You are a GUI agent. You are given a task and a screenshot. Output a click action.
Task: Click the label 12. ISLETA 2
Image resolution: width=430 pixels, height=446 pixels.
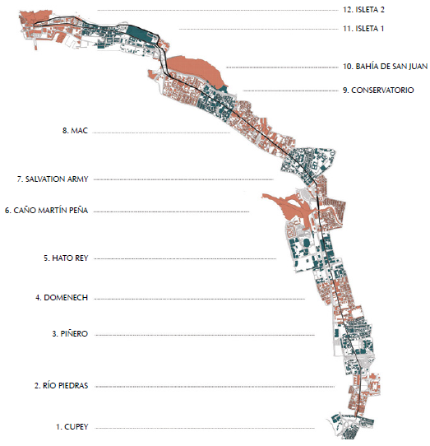(363, 10)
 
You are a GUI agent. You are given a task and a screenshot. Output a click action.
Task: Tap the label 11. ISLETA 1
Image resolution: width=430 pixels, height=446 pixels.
(363, 29)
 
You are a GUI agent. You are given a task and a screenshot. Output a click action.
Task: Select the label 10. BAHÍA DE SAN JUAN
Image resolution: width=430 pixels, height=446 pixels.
(385, 67)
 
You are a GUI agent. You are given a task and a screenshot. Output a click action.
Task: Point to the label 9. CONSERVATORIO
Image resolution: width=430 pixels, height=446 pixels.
(378, 91)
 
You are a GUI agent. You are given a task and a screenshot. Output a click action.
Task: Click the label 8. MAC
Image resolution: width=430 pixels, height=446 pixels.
(75, 131)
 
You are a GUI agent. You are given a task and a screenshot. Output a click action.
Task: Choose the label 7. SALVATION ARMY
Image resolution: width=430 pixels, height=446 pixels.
(53, 179)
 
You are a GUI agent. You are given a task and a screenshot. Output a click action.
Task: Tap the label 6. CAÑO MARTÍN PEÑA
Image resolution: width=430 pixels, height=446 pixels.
(47, 211)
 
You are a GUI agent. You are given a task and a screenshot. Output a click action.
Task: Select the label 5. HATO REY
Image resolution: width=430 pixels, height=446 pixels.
(66, 258)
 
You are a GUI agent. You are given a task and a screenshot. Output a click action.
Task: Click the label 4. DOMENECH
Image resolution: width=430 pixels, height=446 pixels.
(62, 298)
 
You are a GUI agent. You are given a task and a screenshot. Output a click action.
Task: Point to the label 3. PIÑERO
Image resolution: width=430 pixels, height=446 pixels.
(70, 333)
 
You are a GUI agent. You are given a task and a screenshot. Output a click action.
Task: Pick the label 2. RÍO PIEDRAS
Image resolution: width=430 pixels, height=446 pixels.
(62, 386)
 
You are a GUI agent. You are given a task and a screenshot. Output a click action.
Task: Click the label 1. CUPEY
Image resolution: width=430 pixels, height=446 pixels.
(72, 427)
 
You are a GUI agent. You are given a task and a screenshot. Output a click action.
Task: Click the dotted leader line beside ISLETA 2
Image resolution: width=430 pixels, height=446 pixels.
(218, 11)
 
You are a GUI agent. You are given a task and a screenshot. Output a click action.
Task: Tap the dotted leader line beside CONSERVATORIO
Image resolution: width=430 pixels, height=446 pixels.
(291, 91)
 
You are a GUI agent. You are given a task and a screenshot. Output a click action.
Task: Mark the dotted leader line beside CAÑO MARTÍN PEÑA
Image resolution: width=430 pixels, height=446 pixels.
(171, 211)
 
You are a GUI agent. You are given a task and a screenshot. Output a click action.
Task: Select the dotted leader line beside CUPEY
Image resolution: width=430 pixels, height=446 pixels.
(205, 428)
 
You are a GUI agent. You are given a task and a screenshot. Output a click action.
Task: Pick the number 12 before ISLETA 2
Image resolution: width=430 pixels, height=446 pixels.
(348, 10)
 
